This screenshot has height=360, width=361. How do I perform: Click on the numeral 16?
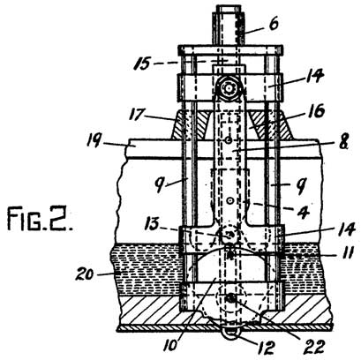click(x=304, y=115)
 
